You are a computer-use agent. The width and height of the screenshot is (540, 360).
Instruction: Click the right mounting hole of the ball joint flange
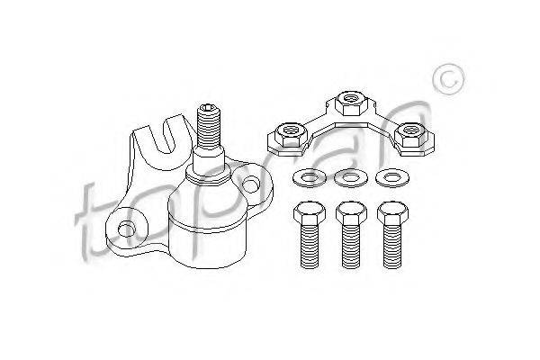pos(250,184)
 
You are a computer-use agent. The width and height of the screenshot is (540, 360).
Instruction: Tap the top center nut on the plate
pos(351,103)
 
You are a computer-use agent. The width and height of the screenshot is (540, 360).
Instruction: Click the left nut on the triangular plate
pos(292,134)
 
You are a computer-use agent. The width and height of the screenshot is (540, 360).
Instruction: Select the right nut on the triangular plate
pos(410,135)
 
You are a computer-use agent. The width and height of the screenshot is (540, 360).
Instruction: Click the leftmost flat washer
pos(310,178)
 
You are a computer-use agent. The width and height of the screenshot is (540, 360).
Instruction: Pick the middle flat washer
pos(351,178)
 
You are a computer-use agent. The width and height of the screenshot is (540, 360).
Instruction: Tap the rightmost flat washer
pos(392,178)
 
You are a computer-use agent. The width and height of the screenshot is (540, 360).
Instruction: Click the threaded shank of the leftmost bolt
pos(310,246)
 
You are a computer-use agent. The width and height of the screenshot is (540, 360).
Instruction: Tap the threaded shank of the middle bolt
pos(351,246)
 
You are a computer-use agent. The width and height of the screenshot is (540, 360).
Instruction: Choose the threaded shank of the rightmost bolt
pos(392,246)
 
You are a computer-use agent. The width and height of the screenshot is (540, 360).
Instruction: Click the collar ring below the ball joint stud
pos(208,175)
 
